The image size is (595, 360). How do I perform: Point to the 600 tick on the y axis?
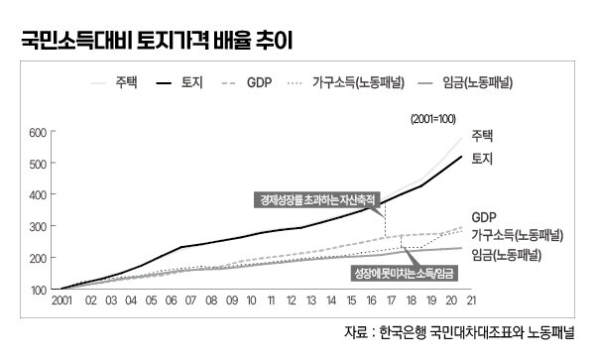tap(37, 132)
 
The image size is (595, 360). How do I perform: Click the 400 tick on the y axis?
tap(37, 194)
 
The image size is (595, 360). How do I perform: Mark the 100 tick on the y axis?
tap(37, 289)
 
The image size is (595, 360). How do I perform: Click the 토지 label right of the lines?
tap(483, 159)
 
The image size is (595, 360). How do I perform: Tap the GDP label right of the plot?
tap(483, 216)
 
